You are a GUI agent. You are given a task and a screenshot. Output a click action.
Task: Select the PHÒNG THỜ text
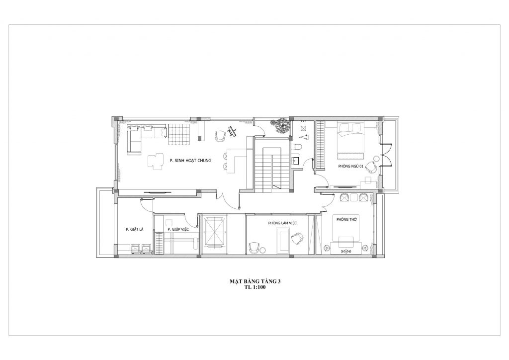tap(346, 219)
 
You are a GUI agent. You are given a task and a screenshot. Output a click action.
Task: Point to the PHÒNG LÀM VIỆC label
tap(282, 223)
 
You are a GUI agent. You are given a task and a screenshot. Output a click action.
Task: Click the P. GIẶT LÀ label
tap(134, 229)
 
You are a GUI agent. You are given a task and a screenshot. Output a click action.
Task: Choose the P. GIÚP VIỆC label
tap(178, 229)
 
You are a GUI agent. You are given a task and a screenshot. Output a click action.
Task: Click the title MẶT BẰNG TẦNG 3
tap(255, 281)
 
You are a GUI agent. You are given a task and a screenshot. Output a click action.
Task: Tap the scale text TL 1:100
tap(255, 287)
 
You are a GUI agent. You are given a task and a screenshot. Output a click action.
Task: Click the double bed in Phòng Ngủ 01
tap(350, 140)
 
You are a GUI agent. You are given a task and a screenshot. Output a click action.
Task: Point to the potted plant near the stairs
tap(279, 125)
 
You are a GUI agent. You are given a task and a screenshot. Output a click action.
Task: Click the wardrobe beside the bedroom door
tap(321, 145)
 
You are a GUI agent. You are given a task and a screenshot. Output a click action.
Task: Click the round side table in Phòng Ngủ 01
tap(376, 159)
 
